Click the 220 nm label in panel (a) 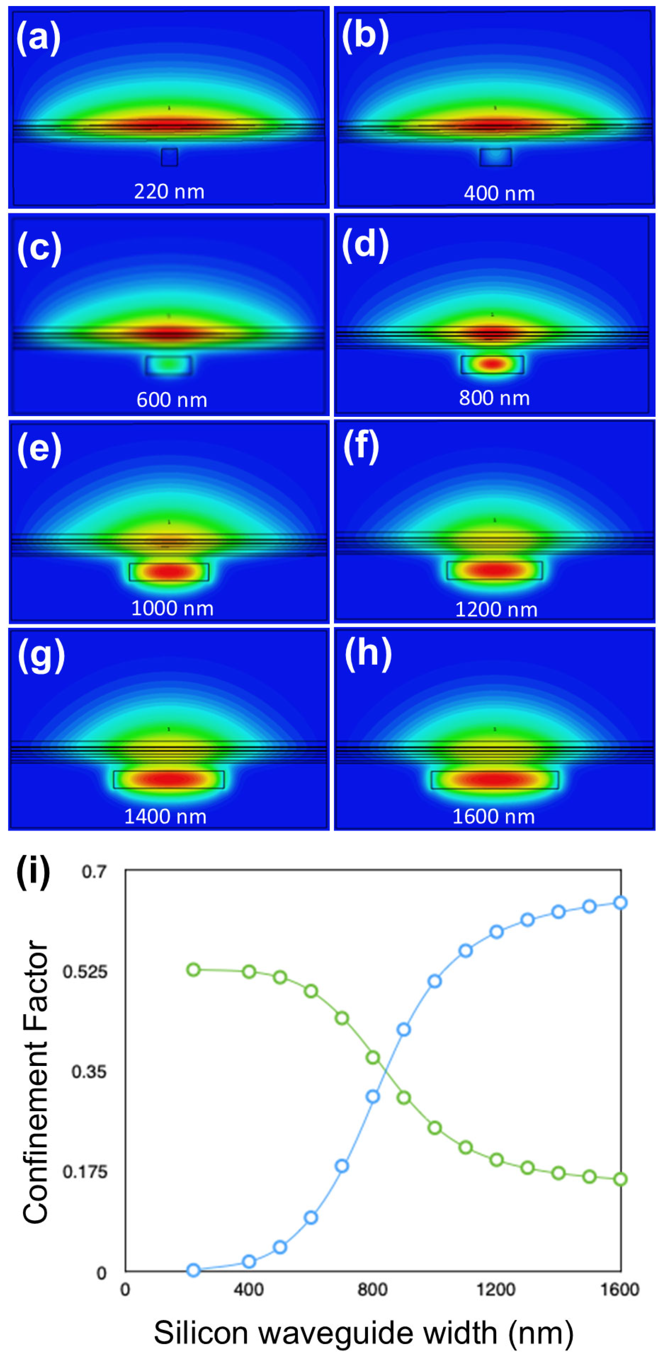click(x=169, y=191)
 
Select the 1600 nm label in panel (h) click(x=493, y=816)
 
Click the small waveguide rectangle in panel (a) click(x=169, y=157)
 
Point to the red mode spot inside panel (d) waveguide click(x=492, y=363)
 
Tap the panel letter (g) click(x=41, y=655)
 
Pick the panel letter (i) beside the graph click(x=33, y=872)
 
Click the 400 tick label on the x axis click(x=248, y=1289)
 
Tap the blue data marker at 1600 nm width click(x=620, y=903)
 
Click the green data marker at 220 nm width click(x=194, y=969)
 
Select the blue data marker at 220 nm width click(x=194, y=1270)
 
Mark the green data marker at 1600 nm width click(x=620, y=1179)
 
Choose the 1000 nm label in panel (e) click(x=172, y=608)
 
